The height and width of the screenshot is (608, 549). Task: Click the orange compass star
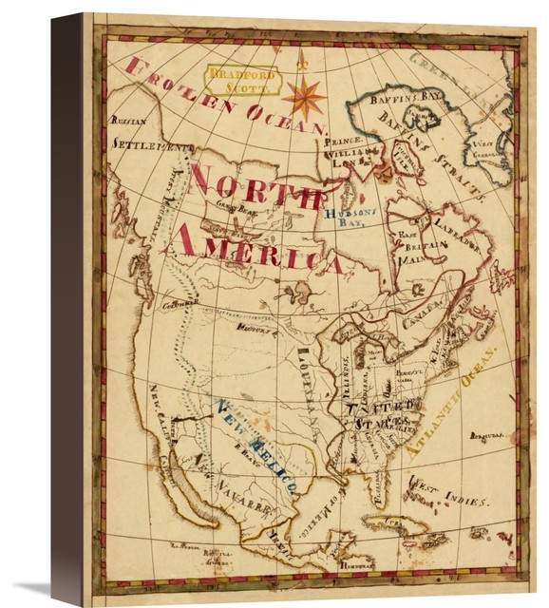(303, 95)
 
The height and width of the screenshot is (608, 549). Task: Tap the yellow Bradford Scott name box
(243, 80)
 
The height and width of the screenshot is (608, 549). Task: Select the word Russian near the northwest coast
(129, 122)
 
